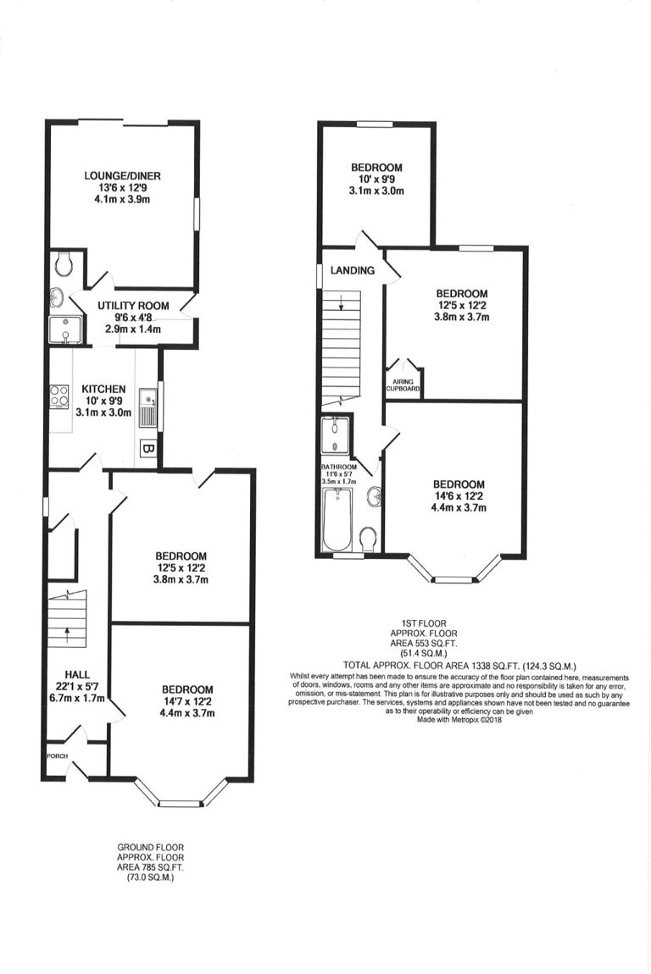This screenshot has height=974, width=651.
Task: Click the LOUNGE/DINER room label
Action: click(x=123, y=176)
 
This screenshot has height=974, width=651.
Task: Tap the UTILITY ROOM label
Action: click(x=133, y=306)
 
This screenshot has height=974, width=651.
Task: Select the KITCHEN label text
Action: click(x=103, y=389)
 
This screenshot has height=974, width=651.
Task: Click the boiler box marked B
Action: click(x=149, y=448)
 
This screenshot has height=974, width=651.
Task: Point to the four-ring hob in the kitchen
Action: click(x=59, y=396)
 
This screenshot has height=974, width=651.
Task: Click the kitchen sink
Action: click(x=147, y=408)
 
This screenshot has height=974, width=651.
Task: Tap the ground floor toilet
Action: click(x=64, y=264)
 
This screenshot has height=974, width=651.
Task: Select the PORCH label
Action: click(x=57, y=756)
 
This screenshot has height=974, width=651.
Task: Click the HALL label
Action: click(x=77, y=674)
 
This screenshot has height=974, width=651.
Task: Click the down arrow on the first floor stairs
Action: click(x=342, y=302)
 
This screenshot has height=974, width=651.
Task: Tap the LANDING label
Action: click(x=353, y=270)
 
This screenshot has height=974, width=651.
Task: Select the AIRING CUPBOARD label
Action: click(x=403, y=385)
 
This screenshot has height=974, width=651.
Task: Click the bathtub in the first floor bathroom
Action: click(x=337, y=519)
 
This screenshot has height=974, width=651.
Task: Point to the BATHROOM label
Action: click(x=339, y=467)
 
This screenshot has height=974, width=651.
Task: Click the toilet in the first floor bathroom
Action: click(x=369, y=540)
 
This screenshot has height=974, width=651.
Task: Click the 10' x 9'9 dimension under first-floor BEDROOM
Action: click(x=376, y=179)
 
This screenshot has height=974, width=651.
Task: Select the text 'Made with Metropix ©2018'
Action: click(x=459, y=721)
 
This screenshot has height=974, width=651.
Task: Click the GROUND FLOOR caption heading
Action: click(x=151, y=847)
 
